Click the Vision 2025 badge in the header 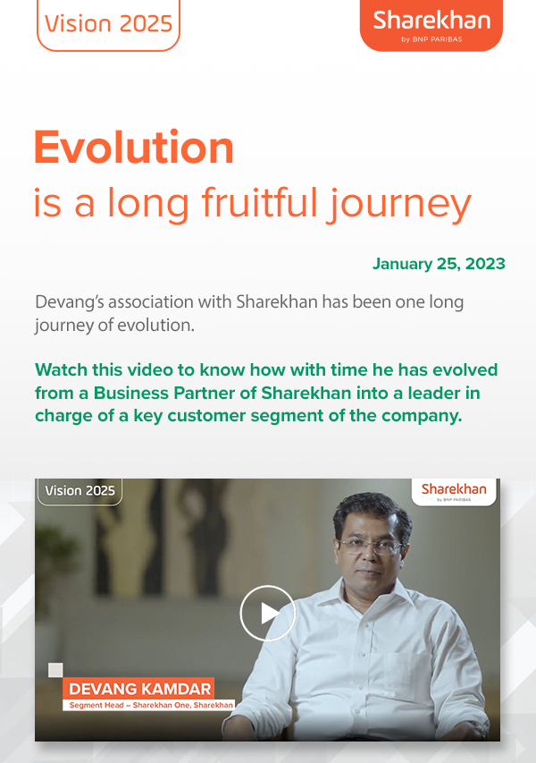pyautogui.click(x=108, y=23)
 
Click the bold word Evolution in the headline pyautogui.click(x=134, y=148)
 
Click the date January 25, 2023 pyautogui.click(x=439, y=264)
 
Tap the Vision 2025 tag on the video pyautogui.click(x=80, y=490)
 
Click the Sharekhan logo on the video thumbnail pyautogui.click(x=454, y=490)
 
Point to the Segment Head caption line pyautogui.click(x=151, y=706)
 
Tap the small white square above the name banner pyautogui.click(x=55, y=670)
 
